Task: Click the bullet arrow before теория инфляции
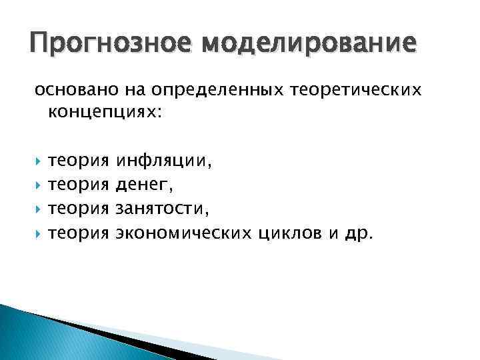click(38, 161)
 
